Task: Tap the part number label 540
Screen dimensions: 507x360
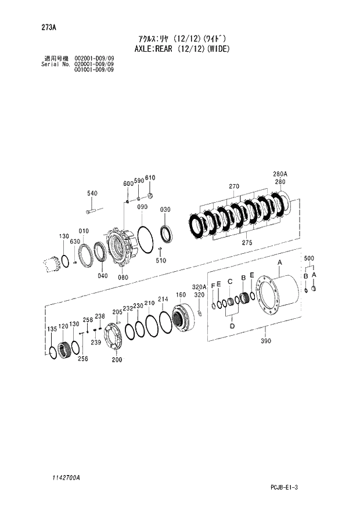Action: coord(92,193)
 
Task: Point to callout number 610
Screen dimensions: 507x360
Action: coord(150,178)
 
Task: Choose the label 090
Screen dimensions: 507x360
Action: coord(142,207)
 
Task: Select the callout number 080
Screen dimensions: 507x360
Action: coord(123,278)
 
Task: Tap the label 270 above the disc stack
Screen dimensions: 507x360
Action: coord(234,187)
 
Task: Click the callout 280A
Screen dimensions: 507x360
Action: coord(280,174)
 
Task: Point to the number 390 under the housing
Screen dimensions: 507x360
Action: coord(267,342)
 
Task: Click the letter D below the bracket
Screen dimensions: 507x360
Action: coord(232,326)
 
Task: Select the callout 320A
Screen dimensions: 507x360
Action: coord(199,287)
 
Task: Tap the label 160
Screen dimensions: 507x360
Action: coord(181,294)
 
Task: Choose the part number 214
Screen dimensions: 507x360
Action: coord(163,299)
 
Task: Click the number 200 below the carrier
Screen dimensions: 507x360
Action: coord(117,360)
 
